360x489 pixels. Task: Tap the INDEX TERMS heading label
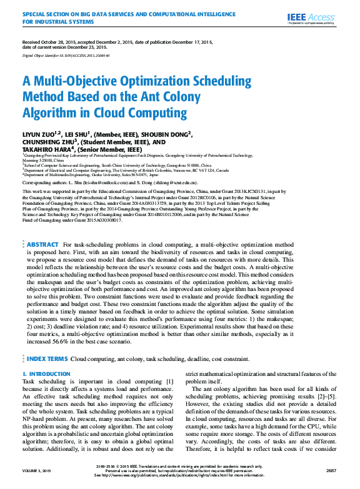[x=47, y=359]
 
